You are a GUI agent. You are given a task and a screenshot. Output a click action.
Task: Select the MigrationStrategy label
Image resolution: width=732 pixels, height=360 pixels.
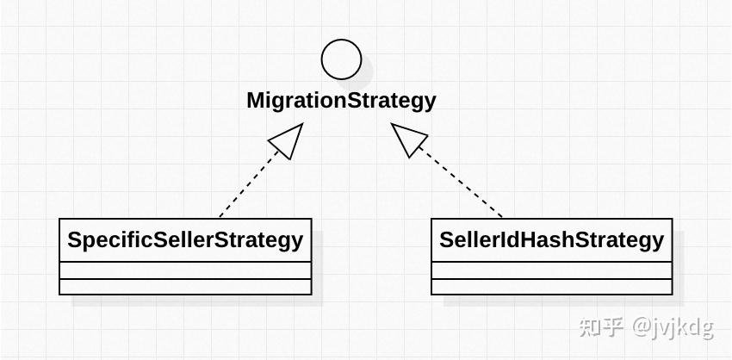(341, 101)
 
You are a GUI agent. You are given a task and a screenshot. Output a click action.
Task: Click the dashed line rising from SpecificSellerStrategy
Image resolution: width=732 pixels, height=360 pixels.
(249, 184)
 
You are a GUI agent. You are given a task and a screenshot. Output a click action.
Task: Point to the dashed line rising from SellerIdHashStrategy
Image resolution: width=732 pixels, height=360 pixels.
(461, 183)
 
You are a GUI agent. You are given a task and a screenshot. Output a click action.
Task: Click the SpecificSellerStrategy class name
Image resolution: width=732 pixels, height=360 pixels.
(185, 240)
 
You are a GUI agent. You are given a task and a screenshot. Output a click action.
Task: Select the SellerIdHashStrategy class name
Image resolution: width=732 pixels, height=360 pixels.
(551, 240)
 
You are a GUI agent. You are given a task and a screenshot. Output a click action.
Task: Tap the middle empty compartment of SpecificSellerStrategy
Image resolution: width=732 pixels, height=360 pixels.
(185, 270)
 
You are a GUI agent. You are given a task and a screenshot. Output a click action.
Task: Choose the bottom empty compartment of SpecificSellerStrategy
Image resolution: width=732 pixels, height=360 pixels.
(185, 287)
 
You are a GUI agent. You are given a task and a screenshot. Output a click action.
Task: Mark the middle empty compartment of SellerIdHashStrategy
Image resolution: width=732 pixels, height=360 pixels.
(552, 270)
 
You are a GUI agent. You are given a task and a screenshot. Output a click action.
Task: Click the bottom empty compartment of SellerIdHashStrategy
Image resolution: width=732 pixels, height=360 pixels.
(552, 287)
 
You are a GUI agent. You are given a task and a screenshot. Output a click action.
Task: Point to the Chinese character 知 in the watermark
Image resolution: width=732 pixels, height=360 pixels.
(589, 327)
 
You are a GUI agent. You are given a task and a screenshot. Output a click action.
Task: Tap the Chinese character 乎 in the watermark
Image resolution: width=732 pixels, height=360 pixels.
(613, 327)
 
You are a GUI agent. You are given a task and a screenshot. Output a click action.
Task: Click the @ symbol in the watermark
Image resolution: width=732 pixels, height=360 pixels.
(642, 328)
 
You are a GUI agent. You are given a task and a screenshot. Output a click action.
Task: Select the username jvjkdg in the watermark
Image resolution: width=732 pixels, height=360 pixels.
(684, 329)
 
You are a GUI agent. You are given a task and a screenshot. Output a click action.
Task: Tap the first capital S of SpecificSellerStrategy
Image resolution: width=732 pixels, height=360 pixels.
(75, 240)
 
